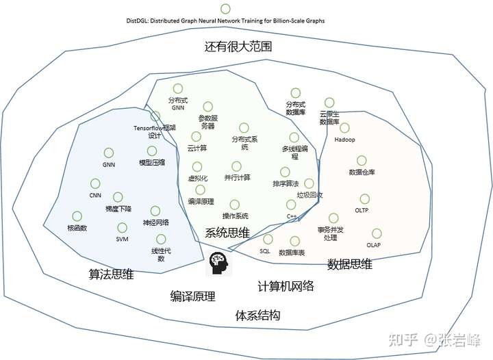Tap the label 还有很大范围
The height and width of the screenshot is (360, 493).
coord(237,48)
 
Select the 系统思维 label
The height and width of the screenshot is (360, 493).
coord(227,232)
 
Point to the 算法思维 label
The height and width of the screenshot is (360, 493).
coord(111,274)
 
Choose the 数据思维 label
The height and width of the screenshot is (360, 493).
coord(349,264)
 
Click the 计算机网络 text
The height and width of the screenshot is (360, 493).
coord(286,285)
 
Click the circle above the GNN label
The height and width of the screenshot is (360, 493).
coord(108,153)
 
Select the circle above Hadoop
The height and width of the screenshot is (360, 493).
coord(344,128)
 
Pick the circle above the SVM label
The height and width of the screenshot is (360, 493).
coord(122,227)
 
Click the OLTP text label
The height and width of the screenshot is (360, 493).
coord(362,210)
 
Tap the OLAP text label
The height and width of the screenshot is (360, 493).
coord(373,244)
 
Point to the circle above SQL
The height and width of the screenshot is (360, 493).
coord(267,240)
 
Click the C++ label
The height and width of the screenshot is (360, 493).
coord(291,216)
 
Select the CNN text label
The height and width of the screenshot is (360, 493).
coord(95,195)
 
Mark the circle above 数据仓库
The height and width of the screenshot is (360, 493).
coord(362,160)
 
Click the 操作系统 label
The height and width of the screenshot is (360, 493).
coord(235,216)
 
